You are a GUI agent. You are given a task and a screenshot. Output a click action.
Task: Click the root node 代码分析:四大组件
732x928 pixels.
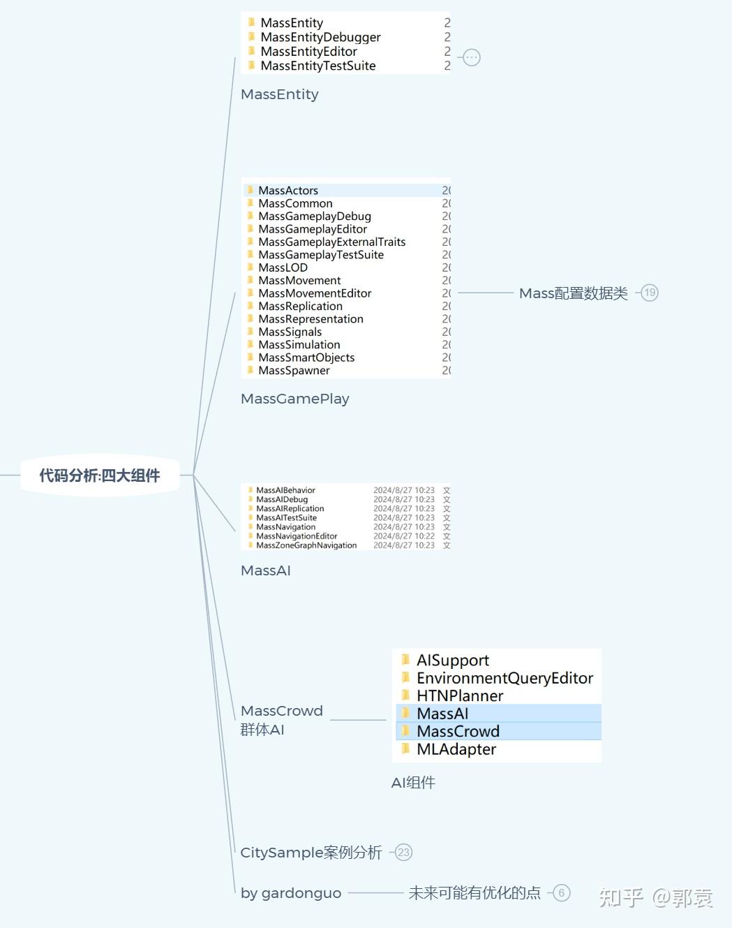[100, 476]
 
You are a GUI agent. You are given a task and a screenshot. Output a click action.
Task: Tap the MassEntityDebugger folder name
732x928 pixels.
[320, 37]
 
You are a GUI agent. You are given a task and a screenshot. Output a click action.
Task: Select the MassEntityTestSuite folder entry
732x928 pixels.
[318, 66]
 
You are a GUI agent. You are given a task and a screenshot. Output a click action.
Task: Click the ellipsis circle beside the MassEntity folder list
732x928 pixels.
[471, 57]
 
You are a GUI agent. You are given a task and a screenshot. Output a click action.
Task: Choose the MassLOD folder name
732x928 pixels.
[283, 267]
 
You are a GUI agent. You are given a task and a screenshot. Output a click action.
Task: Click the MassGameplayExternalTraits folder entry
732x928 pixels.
[332, 242]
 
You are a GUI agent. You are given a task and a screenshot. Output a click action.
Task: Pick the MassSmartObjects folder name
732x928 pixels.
[306, 358]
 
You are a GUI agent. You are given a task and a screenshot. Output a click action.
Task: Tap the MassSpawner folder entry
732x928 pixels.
[294, 370]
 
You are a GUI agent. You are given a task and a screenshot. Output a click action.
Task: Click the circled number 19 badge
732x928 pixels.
[650, 293]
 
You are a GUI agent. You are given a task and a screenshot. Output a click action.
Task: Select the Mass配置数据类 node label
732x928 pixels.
[574, 293]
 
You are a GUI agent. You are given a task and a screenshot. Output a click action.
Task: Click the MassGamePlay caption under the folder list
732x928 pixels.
[295, 399]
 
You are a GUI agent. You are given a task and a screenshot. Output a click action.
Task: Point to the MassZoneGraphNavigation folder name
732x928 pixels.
[306, 545]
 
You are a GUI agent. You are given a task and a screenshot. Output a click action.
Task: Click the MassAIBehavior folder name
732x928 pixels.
[285, 490]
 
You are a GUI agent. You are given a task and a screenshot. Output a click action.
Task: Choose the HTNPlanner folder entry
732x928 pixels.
[460, 695]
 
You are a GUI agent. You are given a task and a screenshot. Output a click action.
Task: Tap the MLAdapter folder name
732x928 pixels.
[456, 749]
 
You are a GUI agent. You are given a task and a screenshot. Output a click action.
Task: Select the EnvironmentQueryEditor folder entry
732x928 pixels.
[505, 678]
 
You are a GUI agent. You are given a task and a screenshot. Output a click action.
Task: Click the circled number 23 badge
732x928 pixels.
[403, 852]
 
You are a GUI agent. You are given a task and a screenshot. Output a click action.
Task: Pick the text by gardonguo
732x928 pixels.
[291, 893]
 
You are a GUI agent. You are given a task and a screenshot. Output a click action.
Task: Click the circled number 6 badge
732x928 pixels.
[561, 892]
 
